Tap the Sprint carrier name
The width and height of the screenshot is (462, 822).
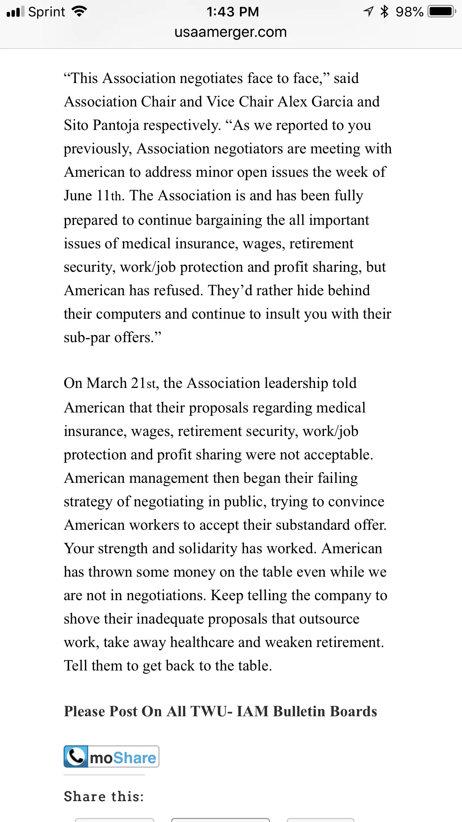[46, 12]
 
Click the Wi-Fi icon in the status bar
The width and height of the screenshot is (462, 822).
[79, 12]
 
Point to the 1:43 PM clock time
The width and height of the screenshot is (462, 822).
[232, 12]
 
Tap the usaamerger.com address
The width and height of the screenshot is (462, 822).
[231, 32]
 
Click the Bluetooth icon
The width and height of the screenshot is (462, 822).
[384, 12]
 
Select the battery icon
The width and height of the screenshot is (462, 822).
[442, 12]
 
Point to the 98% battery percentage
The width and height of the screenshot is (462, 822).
[409, 12]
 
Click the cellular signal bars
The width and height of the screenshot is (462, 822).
[15, 12]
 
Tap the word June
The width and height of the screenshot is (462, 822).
[78, 195]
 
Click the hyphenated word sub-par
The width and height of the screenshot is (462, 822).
[87, 338]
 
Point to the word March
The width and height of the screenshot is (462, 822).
[107, 383]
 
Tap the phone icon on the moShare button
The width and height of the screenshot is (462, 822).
[76, 756]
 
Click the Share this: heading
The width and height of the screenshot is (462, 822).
[104, 796]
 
